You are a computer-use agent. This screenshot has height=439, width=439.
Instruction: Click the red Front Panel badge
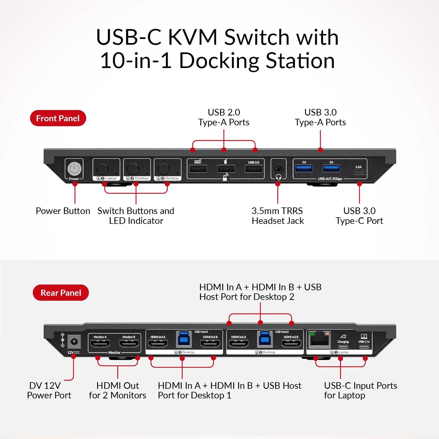[x=58, y=118]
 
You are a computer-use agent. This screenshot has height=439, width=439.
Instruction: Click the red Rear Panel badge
[x=61, y=293]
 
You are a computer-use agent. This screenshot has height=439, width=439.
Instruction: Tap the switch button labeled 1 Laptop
[x=102, y=168]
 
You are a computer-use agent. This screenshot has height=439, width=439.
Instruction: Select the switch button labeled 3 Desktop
[x=164, y=168]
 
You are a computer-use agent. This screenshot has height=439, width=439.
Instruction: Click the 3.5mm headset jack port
[x=278, y=168]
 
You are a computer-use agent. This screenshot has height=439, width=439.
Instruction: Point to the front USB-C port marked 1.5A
[x=359, y=172]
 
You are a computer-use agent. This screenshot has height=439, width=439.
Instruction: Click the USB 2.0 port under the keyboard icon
[x=198, y=168]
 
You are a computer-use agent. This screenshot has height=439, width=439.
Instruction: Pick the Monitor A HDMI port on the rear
[x=100, y=344]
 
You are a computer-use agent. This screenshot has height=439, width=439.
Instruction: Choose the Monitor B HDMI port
[x=129, y=344]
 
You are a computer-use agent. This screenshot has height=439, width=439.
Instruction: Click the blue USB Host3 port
[x=184, y=339]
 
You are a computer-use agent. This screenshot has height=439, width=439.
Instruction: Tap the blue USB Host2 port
[x=264, y=339]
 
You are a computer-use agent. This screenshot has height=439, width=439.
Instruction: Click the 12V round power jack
[x=74, y=342]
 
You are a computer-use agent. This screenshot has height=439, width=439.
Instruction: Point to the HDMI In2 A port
[x=238, y=344]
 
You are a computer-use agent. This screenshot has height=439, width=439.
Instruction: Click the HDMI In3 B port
[x=210, y=344]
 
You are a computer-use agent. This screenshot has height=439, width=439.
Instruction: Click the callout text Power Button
[x=63, y=211]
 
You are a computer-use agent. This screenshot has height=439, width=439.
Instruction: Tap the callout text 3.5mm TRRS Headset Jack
[x=278, y=216]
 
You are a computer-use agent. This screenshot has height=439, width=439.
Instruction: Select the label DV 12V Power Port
[x=49, y=390]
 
